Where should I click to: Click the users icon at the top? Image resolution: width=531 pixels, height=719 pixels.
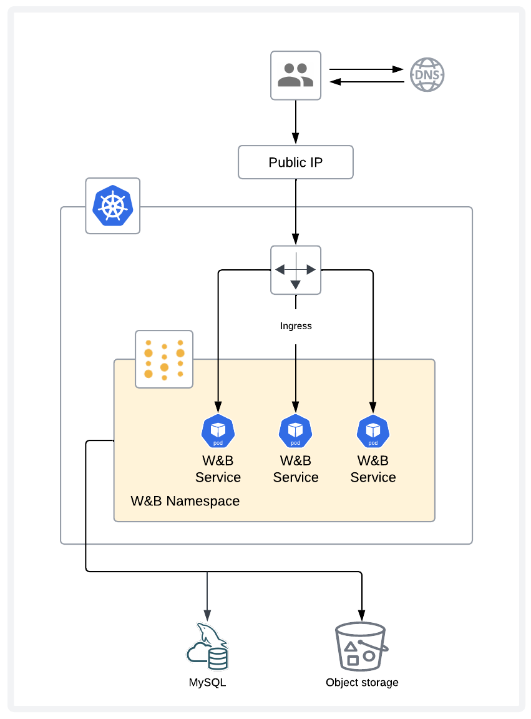pyautogui.click(x=295, y=75)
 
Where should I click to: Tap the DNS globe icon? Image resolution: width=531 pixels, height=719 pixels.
pyautogui.click(x=427, y=75)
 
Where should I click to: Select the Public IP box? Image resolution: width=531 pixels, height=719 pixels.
pyautogui.click(x=295, y=162)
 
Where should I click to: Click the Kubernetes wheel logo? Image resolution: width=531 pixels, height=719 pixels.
pyautogui.click(x=112, y=206)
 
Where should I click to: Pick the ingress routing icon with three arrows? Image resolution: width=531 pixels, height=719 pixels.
pyautogui.click(x=295, y=270)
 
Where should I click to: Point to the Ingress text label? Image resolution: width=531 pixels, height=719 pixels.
pyautogui.click(x=295, y=326)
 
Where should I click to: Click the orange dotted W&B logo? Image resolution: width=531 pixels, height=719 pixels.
pyautogui.click(x=164, y=360)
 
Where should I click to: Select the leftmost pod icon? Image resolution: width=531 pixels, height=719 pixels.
pyautogui.click(x=218, y=431)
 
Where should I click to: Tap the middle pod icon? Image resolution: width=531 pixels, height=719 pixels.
pyautogui.click(x=295, y=431)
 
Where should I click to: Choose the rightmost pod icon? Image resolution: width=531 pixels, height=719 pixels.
pyautogui.click(x=373, y=431)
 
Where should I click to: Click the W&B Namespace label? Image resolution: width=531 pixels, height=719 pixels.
pyautogui.click(x=185, y=501)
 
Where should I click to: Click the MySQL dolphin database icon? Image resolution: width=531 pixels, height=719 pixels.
pyautogui.click(x=208, y=646)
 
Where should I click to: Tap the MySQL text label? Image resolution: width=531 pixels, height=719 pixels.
pyautogui.click(x=207, y=683)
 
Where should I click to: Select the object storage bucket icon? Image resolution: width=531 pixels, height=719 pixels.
pyautogui.click(x=361, y=646)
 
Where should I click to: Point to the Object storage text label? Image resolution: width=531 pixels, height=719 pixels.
pyautogui.click(x=362, y=683)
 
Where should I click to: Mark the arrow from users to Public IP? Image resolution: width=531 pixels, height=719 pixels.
pyautogui.click(x=295, y=122)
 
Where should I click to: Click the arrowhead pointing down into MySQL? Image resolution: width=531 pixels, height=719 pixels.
pyautogui.click(x=207, y=615)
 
